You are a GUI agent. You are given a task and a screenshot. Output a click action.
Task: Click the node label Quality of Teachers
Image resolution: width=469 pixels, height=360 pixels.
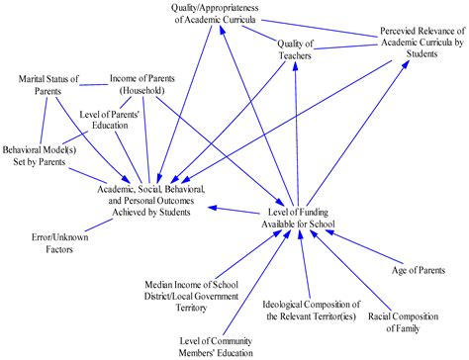click(x=294, y=50)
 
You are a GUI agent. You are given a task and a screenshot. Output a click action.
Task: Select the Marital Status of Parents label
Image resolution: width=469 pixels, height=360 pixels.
click(x=46, y=85)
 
